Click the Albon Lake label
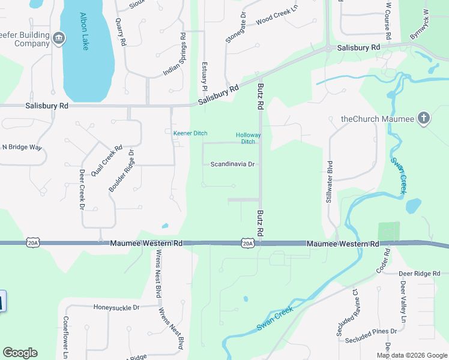pos(84,32)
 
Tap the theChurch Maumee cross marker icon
pos(423,118)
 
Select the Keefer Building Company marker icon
pos(58,39)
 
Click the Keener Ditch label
pos(190,133)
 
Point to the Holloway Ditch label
pos(249,138)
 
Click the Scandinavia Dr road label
pos(233,164)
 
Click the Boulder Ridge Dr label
pos(121,171)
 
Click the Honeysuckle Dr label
pos(116,307)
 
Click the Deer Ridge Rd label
pos(420,274)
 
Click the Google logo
pos(20,353)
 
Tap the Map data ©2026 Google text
pos(411,355)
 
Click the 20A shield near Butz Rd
pos(247,243)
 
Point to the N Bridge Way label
pos(22,146)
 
